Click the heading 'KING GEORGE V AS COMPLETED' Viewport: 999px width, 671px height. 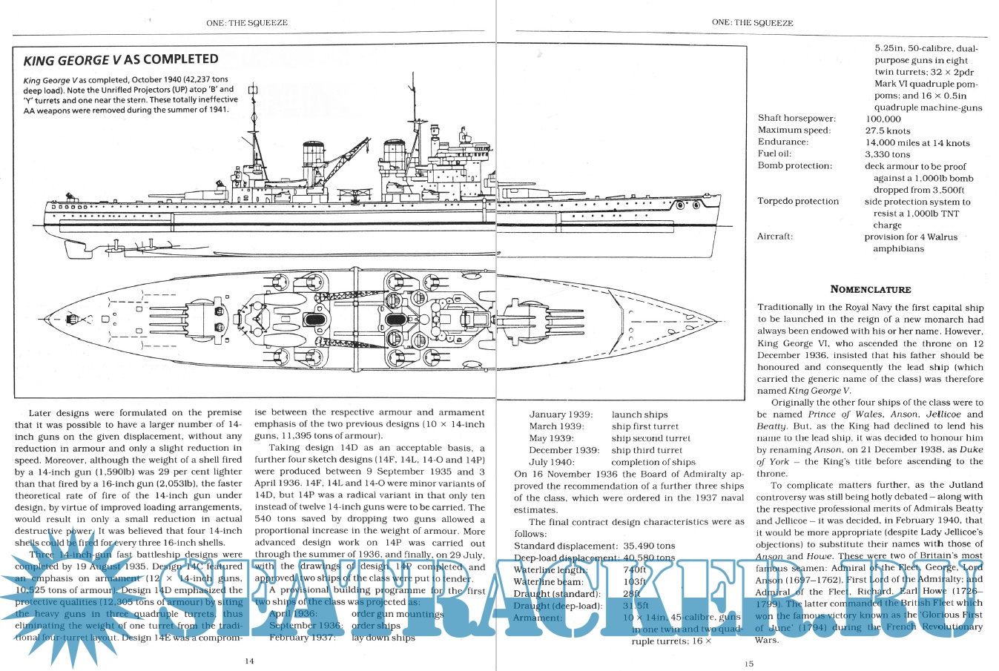coord(121,60)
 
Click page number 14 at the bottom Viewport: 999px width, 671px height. coord(249,661)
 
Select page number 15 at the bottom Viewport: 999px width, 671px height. coord(749,664)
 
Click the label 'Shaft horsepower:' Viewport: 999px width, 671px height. coord(797,119)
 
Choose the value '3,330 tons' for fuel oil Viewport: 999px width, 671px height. coord(887,154)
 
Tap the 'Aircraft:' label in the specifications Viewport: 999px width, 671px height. coord(775,237)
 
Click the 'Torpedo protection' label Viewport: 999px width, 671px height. coord(798,201)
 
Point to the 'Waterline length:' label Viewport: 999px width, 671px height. coord(551,569)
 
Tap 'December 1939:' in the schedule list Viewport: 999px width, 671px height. coord(564,450)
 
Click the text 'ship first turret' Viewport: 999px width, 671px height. coord(644,426)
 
